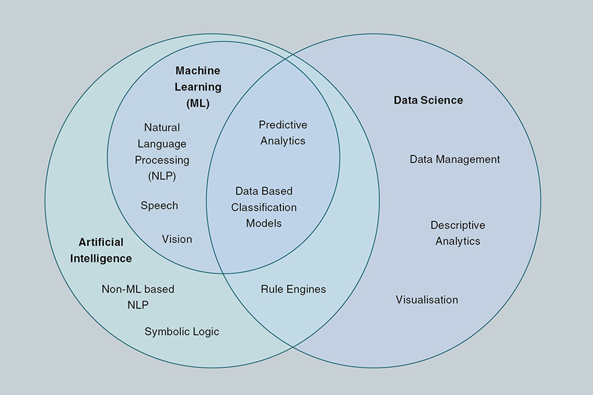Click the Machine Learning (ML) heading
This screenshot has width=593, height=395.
click(198, 87)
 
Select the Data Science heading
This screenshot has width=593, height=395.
click(428, 100)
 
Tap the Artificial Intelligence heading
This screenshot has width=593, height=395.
click(101, 250)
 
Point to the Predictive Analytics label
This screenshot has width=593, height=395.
click(283, 133)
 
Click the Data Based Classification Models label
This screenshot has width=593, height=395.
click(264, 207)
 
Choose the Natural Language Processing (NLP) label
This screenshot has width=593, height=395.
click(162, 152)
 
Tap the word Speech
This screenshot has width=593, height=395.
click(159, 206)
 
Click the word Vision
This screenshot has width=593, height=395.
click(177, 239)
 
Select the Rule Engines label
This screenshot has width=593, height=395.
click(293, 289)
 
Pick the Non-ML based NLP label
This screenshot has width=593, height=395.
click(138, 296)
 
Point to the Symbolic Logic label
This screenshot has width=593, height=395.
click(182, 331)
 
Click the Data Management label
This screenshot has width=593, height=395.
click(455, 159)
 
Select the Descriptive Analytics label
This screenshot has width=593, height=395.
click(458, 233)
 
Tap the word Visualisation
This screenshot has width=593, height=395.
click(427, 299)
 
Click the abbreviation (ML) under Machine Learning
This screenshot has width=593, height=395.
click(198, 103)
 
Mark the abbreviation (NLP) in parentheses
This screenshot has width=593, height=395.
click(162, 176)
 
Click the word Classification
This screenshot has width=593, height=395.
click(264, 207)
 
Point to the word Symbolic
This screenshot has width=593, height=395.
click(166, 331)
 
